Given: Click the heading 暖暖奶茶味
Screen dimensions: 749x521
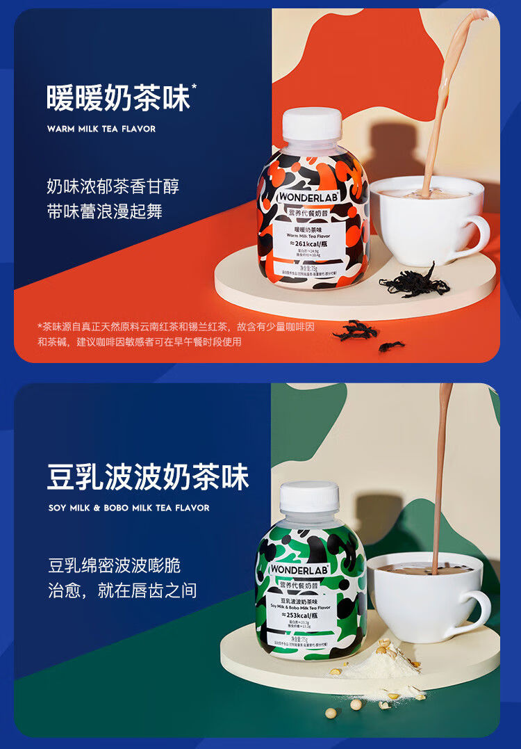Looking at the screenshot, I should point(118,99).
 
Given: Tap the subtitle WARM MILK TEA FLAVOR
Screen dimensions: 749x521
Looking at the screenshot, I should point(101,129).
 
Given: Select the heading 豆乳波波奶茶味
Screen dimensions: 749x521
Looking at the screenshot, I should point(148,478).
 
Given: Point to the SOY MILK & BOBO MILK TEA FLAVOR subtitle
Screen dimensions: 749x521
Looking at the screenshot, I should point(129,508).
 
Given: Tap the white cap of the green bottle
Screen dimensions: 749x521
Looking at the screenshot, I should point(309,497).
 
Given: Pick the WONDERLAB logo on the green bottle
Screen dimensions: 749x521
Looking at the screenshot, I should point(298,570).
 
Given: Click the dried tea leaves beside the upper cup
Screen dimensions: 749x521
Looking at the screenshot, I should point(414,282).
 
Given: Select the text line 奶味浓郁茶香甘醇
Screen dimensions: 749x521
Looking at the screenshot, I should point(113,186).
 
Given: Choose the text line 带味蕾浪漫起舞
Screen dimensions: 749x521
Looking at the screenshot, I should point(104,211).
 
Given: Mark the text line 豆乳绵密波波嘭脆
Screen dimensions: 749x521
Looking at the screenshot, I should point(114,565).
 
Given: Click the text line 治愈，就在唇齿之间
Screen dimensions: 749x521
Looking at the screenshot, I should point(122,590).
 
